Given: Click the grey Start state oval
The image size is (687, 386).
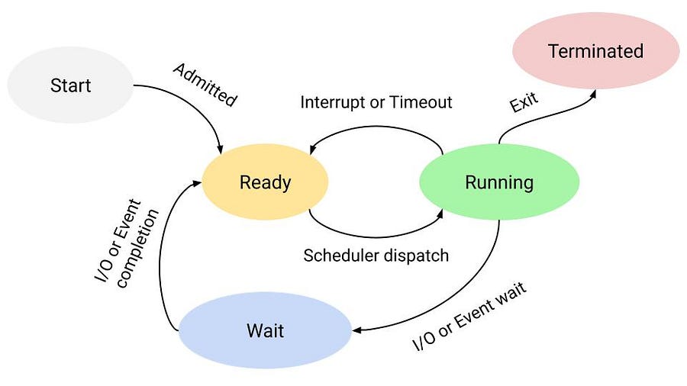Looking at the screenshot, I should [70, 85].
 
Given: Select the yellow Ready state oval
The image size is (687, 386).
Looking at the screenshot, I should [265, 182].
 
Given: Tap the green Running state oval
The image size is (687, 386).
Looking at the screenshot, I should [499, 182].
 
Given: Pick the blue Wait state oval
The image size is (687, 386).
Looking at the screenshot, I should [265, 331].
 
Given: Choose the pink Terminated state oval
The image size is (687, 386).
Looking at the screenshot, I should [595, 51].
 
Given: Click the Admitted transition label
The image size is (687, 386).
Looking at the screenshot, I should [205, 85].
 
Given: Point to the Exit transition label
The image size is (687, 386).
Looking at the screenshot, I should [524, 101].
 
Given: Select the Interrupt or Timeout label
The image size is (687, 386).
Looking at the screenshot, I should [376, 102].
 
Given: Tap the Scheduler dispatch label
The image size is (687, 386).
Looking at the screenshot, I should [376, 256].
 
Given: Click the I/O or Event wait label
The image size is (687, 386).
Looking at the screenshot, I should [469, 317].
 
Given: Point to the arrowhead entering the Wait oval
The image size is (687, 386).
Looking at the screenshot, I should [356, 330].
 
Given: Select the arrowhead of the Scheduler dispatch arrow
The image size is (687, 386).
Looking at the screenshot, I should [440, 216].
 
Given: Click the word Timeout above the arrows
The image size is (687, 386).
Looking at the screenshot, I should [422, 102].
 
